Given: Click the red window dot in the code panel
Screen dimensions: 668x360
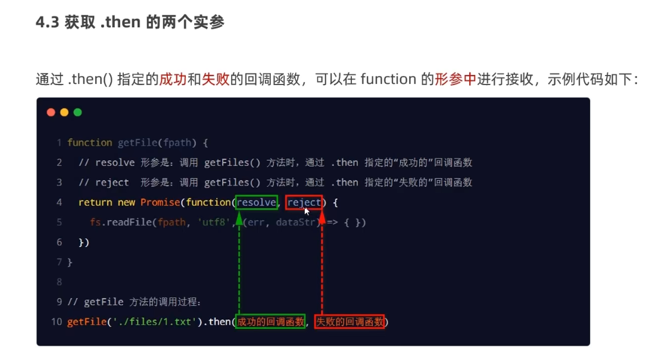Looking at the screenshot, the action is [x=51, y=112].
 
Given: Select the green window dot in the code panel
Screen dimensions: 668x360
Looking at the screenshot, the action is [x=77, y=112].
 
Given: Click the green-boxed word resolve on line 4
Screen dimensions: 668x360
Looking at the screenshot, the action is [x=257, y=202].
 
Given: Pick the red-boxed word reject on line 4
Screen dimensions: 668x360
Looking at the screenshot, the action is [x=304, y=202].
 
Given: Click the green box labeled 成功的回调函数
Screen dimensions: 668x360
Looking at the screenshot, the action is [x=270, y=322].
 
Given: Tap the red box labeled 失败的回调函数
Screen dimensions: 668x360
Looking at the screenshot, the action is [x=349, y=322].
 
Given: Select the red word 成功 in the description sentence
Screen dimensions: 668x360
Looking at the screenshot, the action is [x=173, y=79].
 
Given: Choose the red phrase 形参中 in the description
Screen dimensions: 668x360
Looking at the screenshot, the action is [x=455, y=79].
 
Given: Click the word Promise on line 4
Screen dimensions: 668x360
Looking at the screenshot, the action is [x=160, y=202].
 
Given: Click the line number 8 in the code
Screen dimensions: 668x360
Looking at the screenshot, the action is [x=59, y=282].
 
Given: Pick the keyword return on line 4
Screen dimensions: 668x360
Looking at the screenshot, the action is [x=95, y=202].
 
